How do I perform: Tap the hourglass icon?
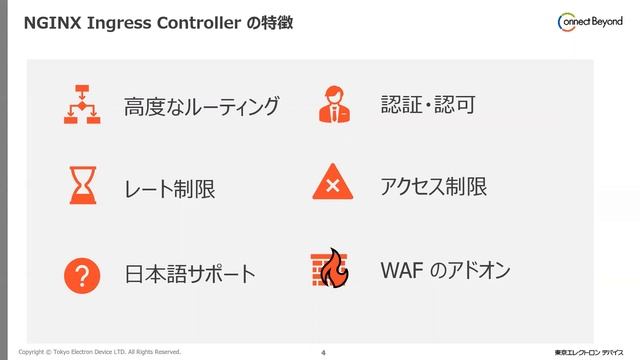point(82,186)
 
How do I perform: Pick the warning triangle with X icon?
point(332,185)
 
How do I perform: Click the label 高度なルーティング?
point(201,106)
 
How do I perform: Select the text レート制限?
point(169,189)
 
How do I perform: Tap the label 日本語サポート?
point(190,274)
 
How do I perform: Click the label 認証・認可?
point(427,104)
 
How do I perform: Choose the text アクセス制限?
point(433,186)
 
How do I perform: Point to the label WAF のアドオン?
point(445,270)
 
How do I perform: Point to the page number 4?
point(323,352)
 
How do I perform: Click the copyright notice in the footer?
point(99,352)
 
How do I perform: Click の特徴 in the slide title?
point(269,21)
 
